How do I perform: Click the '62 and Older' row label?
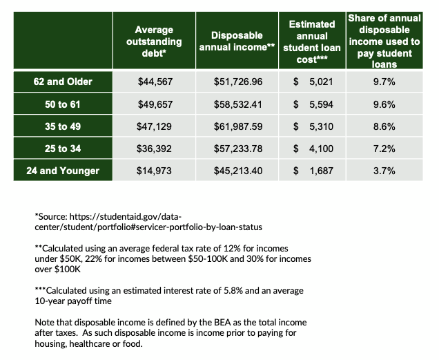[63, 82]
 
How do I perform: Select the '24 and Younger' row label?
[63, 170]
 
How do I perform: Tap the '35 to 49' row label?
[63, 126]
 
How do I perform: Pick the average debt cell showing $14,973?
[154, 170]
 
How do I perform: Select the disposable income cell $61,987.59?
[238, 126]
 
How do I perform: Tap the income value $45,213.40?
[238, 170]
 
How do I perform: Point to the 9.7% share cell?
[384, 82]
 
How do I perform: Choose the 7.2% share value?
[384, 148]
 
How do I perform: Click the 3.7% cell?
[384, 170]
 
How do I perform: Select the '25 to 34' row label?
[63, 148]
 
